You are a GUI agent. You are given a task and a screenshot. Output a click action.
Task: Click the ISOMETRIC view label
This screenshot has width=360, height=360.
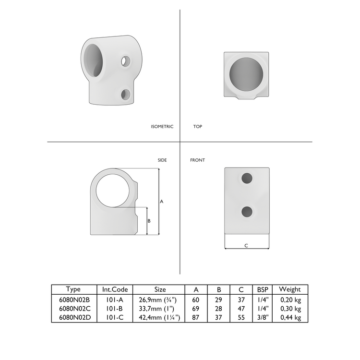[162, 127]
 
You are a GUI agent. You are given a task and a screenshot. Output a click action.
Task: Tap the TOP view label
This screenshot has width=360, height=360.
[197, 127]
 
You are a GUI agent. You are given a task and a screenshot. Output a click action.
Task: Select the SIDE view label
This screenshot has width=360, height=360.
[162, 160]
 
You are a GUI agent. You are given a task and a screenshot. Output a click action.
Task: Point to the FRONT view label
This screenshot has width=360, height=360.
[197, 160]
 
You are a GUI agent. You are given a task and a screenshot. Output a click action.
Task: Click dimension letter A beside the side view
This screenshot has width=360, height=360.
[162, 202]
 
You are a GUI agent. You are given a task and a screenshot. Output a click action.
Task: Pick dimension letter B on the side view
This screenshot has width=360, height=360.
[149, 221]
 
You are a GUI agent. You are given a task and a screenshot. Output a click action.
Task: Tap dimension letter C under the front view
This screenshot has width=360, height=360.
[246, 245]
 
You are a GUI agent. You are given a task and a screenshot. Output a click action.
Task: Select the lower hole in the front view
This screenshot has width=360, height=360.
[247, 211]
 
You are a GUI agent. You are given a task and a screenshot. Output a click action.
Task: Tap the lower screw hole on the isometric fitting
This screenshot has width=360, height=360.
[126, 94]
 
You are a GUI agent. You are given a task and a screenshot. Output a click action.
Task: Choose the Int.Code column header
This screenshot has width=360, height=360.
[115, 289]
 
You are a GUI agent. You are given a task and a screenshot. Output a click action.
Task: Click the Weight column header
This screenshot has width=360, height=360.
[289, 289]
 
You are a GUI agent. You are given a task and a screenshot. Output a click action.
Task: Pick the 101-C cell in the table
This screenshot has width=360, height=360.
[115, 317]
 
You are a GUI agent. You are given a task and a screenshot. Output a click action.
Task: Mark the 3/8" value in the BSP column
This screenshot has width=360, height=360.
[263, 317]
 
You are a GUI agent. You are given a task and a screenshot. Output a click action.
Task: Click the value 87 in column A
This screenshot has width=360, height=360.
[196, 317]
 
